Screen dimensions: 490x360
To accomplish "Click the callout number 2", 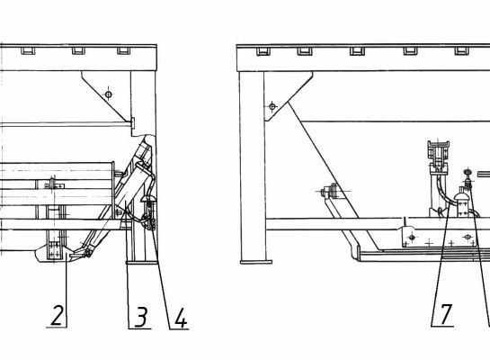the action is (58, 315).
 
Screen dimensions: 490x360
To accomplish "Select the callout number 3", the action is (142, 317).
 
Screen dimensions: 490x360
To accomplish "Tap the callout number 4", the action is (181, 318).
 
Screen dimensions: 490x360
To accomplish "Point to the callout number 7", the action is (446, 315).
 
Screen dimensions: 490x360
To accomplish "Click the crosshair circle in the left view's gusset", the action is (109, 94).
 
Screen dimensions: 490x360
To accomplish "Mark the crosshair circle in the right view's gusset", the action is (272, 107).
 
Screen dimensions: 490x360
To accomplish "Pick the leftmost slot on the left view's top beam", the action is (28, 51).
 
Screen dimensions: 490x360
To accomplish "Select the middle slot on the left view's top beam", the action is (78, 51).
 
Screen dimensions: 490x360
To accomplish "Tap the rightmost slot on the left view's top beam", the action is (124, 51).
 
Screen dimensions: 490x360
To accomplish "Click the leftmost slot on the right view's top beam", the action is (263, 51).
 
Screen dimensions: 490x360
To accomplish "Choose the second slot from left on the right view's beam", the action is (305, 51).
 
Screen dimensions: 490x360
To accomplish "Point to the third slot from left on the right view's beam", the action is (357, 51).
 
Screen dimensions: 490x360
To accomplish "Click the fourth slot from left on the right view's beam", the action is (410, 51).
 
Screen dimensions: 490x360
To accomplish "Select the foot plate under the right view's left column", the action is (256, 262).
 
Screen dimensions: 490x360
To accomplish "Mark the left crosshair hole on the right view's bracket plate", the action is (412, 238).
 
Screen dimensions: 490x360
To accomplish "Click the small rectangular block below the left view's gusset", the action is (133, 123).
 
